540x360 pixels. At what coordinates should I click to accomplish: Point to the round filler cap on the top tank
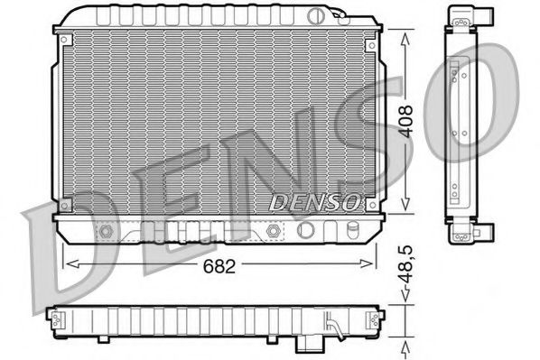314,14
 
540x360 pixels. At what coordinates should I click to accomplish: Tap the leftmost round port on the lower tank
107,232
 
